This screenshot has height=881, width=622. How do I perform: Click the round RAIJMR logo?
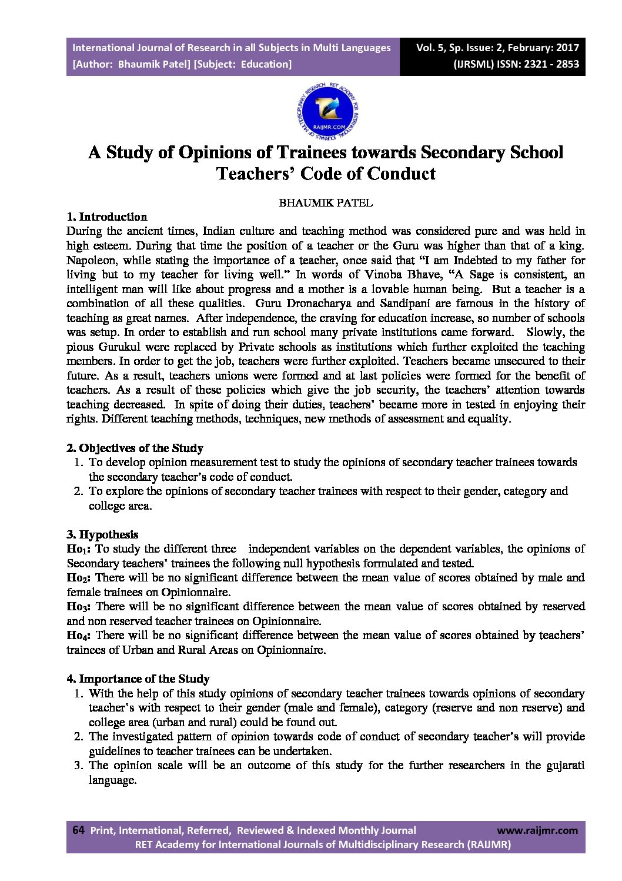[328, 111]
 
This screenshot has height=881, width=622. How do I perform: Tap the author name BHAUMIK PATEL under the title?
[325, 203]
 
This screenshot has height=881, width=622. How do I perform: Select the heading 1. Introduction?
[106, 217]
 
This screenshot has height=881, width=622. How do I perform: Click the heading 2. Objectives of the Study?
[135, 448]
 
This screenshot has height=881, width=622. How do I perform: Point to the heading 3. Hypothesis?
[102, 534]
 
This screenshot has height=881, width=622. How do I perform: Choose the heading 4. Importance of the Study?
[138, 679]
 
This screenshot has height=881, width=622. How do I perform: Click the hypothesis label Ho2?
[79, 578]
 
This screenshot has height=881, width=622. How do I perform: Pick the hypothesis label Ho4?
[79, 636]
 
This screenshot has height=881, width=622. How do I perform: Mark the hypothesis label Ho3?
[79, 607]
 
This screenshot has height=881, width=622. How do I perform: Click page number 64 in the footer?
[78, 830]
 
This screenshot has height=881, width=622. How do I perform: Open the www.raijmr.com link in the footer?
[537, 830]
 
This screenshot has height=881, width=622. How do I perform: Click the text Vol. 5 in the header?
[432, 48]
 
